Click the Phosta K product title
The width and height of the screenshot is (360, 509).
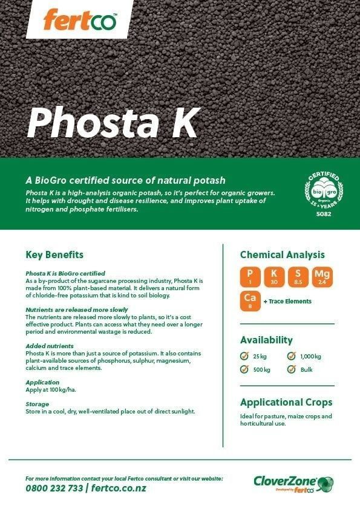(113, 123)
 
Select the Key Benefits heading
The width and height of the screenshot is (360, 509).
(54, 254)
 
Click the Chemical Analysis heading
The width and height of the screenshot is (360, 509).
(282, 254)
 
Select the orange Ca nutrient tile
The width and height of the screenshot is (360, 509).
(250, 300)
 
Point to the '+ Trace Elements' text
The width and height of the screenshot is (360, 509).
(287, 301)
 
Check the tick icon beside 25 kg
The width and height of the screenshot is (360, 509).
(244, 356)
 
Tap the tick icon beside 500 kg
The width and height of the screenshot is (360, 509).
(244, 369)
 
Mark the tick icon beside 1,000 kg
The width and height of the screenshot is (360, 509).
(292, 356)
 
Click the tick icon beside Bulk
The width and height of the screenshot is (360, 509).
(292, 369)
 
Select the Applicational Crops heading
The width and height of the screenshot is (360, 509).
(286, 402)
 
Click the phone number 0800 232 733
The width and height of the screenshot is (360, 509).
(54, 488)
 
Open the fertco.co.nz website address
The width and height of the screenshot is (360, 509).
(119, 488)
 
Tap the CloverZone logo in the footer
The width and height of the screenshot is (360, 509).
(293, 484)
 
